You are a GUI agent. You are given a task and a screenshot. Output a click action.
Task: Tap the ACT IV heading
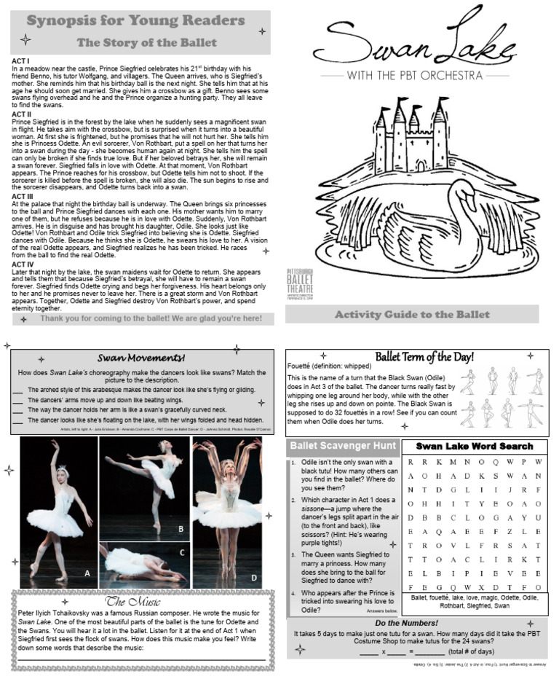[22, 264]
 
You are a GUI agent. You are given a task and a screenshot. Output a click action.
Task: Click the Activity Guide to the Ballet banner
[411, 315]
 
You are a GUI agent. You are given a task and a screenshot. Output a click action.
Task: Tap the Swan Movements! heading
[141, 358]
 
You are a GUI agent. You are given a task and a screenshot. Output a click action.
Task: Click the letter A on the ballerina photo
[87, 574]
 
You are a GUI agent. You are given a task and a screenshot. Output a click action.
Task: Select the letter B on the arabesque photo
[181, 528]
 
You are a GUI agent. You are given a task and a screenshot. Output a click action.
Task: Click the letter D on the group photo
[253, 578]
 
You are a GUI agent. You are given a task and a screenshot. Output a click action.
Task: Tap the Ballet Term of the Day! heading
[424, 356]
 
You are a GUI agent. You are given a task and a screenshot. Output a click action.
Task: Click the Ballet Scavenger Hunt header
[342, 446]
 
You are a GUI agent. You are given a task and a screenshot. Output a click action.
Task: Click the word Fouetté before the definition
[301, 365]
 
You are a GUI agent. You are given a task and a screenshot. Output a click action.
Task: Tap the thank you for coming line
[151, 318]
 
